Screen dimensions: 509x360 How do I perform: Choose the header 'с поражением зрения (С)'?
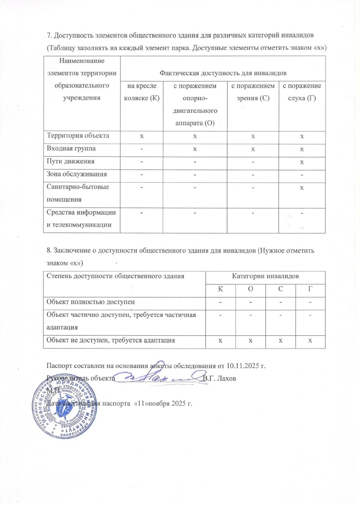(x=253, y=92)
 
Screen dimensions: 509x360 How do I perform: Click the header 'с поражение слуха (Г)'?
(x=301, y=92)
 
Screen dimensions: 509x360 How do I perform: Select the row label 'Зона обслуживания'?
(x=75, y=174)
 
